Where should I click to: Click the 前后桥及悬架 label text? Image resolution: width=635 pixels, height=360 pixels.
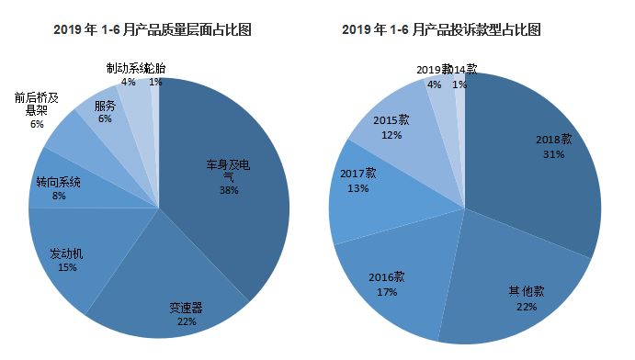point(37,103)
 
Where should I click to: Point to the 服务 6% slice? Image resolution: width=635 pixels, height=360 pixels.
point(106,111)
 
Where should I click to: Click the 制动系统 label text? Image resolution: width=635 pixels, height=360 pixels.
point(123,69)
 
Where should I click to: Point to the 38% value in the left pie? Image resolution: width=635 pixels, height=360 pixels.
point(229,190)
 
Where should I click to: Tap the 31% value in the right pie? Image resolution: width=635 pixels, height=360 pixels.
point(553,154)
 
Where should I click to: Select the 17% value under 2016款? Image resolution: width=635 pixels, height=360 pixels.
point(387,292)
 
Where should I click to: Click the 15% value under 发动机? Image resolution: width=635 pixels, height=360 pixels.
point(67,267)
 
